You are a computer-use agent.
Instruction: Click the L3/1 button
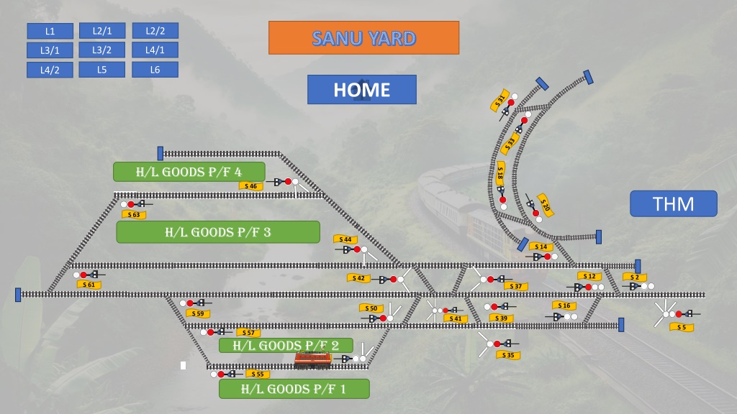[50, 50]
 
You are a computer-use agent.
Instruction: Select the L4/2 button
[50, 70]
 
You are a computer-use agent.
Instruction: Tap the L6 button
[155, 70]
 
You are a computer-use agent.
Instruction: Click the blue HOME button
[362, 90]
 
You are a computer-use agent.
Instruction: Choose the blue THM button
[674, 203]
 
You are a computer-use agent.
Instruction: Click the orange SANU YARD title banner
[363, 37]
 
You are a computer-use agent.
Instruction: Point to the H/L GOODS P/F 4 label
[189, 172]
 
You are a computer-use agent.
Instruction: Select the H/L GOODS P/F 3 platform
[218, 232]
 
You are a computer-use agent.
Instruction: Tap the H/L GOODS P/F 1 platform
[294, 389]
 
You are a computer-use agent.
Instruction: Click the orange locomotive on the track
[313, 360]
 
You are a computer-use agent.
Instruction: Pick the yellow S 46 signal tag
[251, 186]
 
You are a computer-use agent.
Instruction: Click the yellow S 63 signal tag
[134, 214]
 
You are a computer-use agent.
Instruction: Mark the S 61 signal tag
[89, 285]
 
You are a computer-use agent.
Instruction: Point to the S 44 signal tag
[345, 239]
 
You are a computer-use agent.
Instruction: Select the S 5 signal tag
[682, 327]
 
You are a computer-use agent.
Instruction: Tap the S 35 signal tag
[508, 355]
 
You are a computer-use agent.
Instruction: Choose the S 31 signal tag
[500, 100]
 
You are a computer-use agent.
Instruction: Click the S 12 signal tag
[589, 277]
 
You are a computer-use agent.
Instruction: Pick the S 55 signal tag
[258, 374]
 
